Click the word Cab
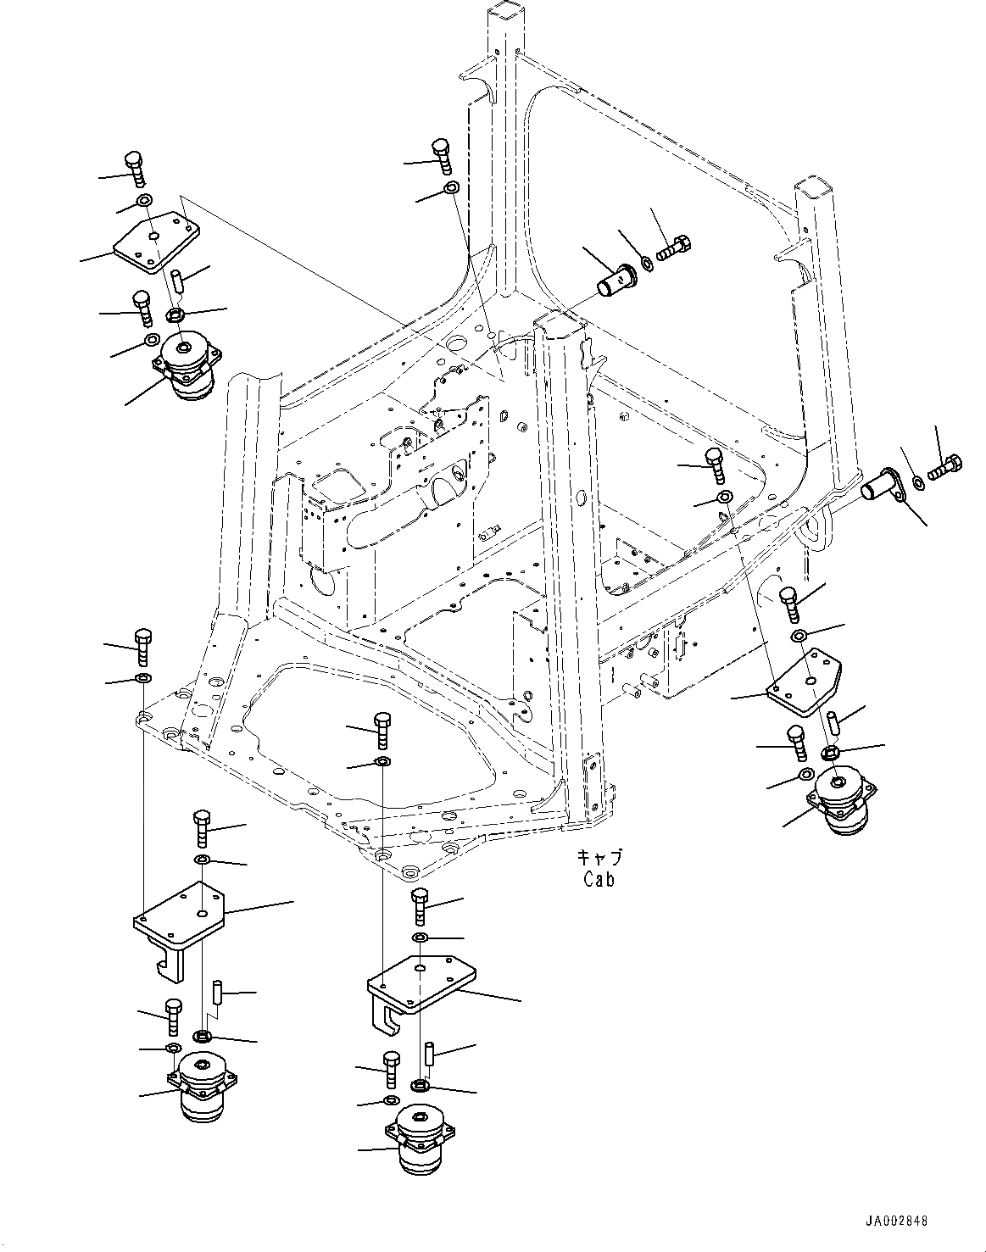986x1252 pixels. pos(599,879)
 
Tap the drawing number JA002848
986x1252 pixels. pos(895,1221)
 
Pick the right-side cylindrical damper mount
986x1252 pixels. pos(842,804)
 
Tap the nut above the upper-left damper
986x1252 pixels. pos(175,315)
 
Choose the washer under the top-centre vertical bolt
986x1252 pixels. pos(452,188)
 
